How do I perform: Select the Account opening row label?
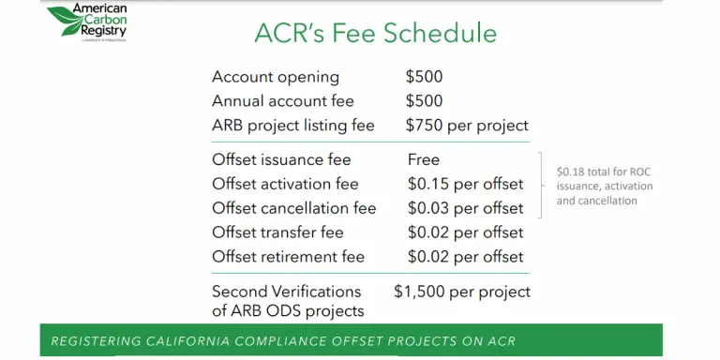pos(276,77)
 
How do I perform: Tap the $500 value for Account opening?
pos(424,77)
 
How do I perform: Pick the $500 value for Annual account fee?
pos(424,101)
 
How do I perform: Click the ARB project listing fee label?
pos(293,126)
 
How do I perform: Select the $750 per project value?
pos(467,126)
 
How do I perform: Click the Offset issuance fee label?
pos(281,160)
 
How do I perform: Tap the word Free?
pos(424,160)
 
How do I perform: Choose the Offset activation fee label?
pos(285,184)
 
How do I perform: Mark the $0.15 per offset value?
pos(465,184)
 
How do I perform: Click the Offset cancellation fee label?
pos(294,208)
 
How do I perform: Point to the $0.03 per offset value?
pos(465,208)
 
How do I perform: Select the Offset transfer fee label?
pos(277,232)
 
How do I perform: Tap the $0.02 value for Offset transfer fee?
pos(465,232)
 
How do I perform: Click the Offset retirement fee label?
pos(288,256)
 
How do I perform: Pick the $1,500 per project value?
pos(462,292)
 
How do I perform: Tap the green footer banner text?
pos(283,340)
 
